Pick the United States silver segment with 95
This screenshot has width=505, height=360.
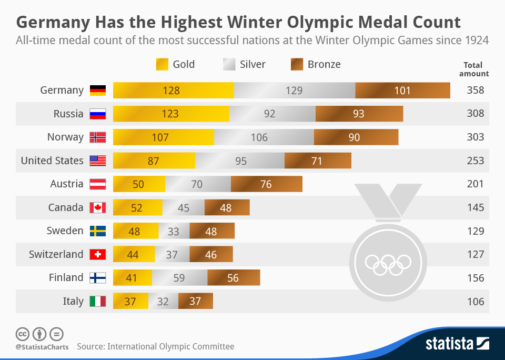pyautogui.click(x=240, y=161)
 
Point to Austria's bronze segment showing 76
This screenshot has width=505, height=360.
pyautogui.click(x=266, y=184)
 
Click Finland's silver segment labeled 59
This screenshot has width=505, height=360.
pyautogui.click(x=180, y=277)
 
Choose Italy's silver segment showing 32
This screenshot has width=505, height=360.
pyautogui.click(x=163, y=301)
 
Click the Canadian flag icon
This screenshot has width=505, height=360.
pyautogui.click(x=98, y=207)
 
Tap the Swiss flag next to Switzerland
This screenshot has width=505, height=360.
pyautogui.click(x=98, y=254)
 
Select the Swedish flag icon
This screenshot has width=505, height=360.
pyautogui.click(x=98, y=231)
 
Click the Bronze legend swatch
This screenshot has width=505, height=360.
pyautogui.click(x=297, y=65)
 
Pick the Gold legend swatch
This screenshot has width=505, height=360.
pyautogui.click(x=162, y=65)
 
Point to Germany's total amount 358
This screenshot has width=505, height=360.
pyautogui.click(x=475, y=91)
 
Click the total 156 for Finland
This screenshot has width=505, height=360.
pyautogui.click(x=475, y=277)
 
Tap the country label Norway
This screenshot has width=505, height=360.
pyautogui.click(x=65, y=137)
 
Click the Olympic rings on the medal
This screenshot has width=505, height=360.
pyautogui.click(x=388, y=262)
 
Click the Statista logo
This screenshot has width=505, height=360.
pyautogui.click(x=457, y=344)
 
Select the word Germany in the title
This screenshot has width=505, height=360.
pyautogui.click(x=52, y=22)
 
